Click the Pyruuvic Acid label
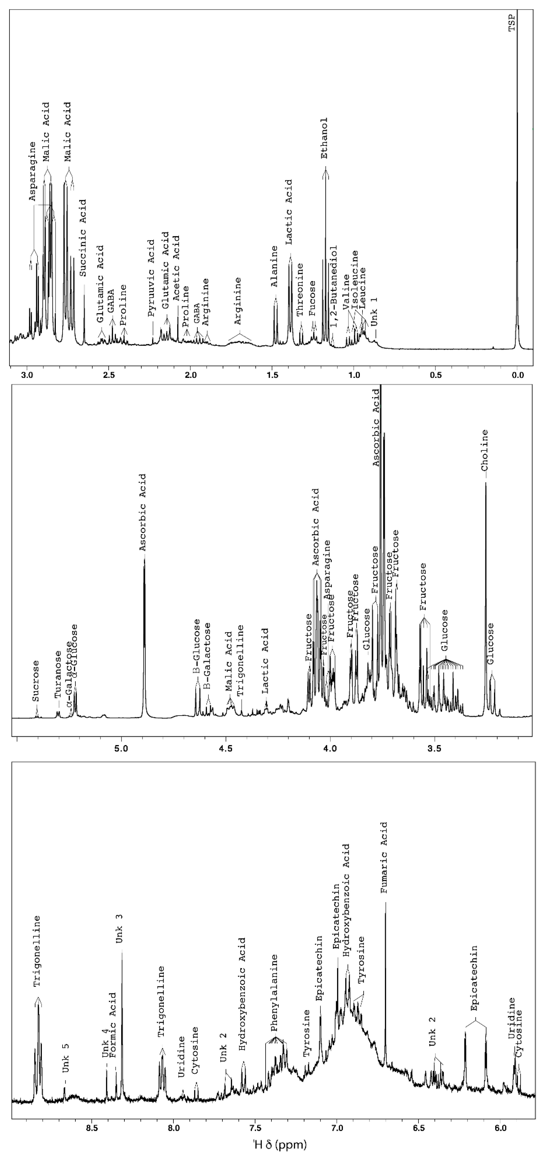151,277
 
